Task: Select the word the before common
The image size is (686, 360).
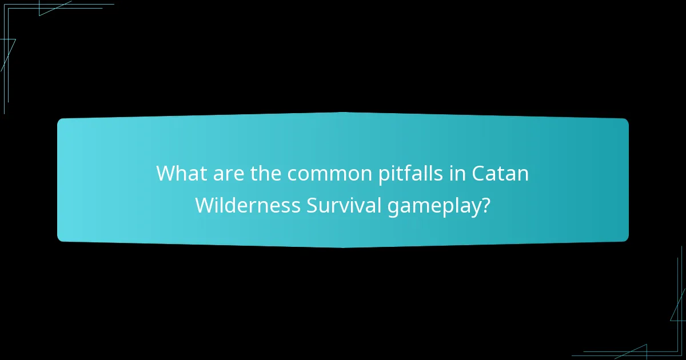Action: tap(266, 173)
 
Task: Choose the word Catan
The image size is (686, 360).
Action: tap(500, 173)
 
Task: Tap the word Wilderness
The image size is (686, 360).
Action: tap(248, 205)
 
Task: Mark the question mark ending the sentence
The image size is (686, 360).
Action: tap(485, 205)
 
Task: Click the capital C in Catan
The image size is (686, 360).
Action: tap(479, 173)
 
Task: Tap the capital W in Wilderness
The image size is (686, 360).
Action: tap(205, 205)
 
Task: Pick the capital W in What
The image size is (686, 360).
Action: tap(166, 173)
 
